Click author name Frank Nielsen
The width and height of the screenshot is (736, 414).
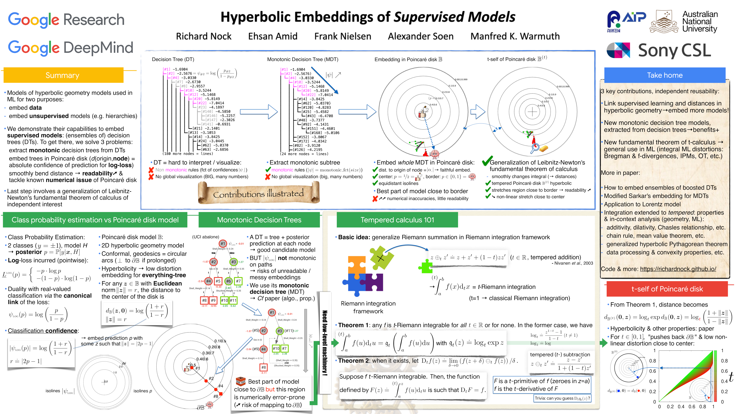click(343, 36)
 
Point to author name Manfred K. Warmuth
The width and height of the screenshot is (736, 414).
click(515, 36)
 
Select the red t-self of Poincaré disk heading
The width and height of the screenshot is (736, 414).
click(667, 289)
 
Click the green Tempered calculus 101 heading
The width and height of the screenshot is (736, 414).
click(397, 220)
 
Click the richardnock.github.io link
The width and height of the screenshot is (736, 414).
click(678, 269)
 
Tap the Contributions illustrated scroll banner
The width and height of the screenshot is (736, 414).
click(259, 194)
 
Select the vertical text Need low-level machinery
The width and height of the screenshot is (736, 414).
click(325, 343)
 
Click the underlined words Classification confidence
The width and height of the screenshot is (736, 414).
click(43, 331)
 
